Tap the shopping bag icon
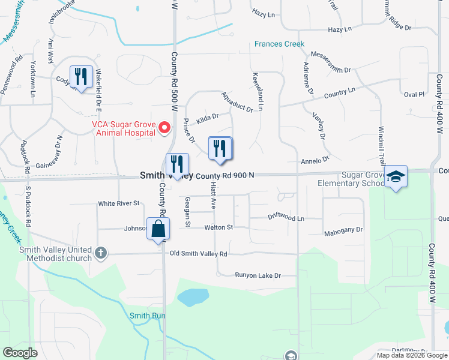tap(157, 229)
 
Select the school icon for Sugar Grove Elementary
tap(396, 176)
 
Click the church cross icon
tap(101, 253)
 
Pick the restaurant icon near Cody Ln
tap(81, 77)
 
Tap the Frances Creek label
tap(279, 44)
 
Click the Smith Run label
tap(147, 316)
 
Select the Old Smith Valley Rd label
tap(198, 254)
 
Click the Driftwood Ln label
tap(286, 218)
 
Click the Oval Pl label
tap(414, 94)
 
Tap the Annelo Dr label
tap(316, 160)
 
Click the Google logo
tap(20, 353)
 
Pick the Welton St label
tap(218, 227)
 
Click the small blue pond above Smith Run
tap(192, 297)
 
